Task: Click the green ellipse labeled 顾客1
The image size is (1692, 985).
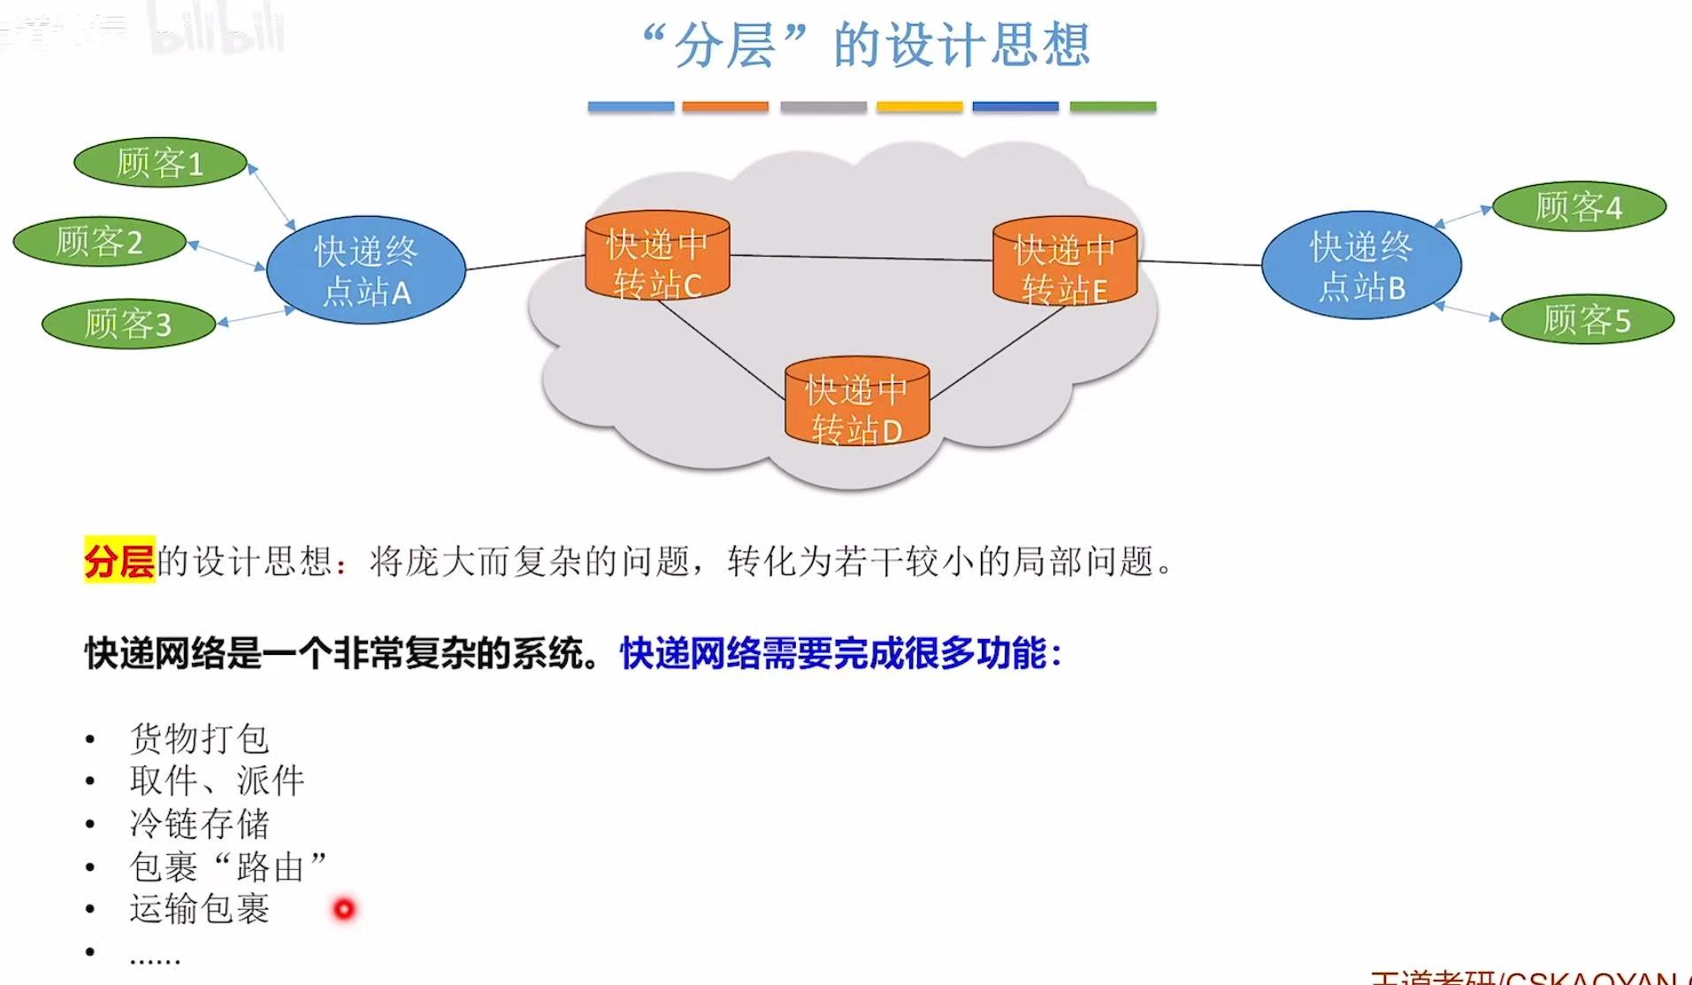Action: [160, 163]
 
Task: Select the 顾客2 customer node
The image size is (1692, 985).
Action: [99, 242]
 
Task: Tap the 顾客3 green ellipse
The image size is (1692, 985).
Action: [128, 324]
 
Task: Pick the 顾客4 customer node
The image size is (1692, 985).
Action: [1579, 207]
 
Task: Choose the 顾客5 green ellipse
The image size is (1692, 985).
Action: [1588, 319]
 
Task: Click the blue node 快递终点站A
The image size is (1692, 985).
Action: [365, 270]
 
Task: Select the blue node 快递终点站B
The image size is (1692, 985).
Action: [1361, 265]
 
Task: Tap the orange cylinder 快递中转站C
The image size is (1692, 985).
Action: [657, 257]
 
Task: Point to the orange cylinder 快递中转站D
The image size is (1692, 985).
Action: [856, 403]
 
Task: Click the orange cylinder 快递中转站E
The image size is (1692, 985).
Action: [1064, 262]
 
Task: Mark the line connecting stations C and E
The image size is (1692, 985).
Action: [862, 258]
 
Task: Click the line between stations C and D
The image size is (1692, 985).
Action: [721, 347]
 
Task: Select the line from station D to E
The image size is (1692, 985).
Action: [998, 352]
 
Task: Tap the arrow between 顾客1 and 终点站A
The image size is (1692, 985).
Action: [272, 197]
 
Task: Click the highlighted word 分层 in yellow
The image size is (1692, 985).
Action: [119, 560]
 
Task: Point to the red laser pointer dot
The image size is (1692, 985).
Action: [344, 909]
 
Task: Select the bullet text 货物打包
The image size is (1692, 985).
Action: [199, 738]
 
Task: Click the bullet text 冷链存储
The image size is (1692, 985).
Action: [199, 824]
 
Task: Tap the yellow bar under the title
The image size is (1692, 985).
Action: [919, 107]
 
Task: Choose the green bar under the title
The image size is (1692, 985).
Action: [1113, 107]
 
